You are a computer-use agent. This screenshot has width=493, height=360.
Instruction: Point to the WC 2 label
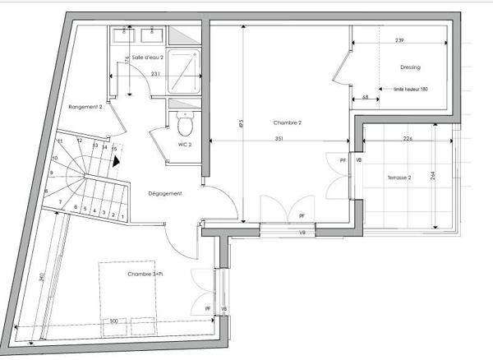(184, 145)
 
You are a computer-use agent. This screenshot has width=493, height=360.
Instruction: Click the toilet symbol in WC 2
(185, 123)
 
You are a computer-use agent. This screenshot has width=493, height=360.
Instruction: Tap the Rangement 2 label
(85, 107)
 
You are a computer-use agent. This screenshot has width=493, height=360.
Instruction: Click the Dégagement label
(164, 193)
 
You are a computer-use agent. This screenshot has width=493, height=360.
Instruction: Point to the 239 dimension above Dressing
(399, 40)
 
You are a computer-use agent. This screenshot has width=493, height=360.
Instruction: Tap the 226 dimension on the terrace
(407, 139)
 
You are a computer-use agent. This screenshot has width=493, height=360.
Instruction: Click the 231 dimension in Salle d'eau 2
(155, 74)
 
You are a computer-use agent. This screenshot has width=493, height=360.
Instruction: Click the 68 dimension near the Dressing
(364, 98)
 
